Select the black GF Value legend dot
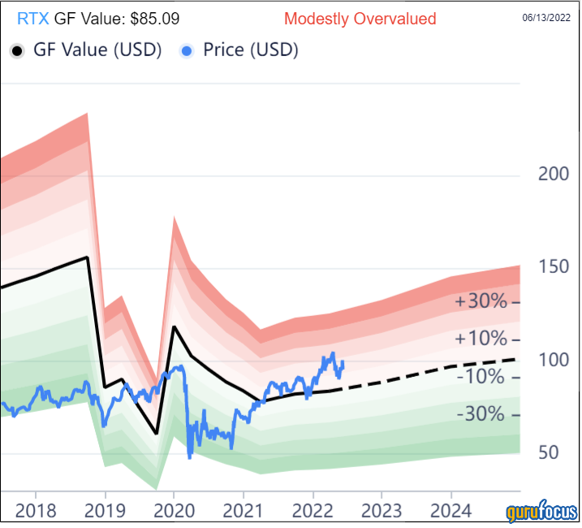16,50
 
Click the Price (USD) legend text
250,50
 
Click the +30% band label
481,301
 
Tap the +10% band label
481,339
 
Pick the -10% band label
481,376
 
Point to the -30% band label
481,414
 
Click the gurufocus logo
541,513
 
